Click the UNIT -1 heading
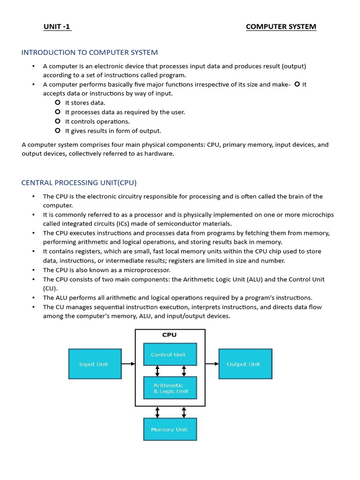pyautogui.click(x=57, y=27)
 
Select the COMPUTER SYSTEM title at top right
pyautogui.click(x=281, y=27)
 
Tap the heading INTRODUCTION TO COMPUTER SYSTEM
pyautogui.click(x=90, y=52)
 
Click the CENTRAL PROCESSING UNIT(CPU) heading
pyautogui.click(x=79, y=182)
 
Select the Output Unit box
pyautogui.click(x=245, y=364)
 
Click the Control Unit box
pyautogui.click(x=170, y=354)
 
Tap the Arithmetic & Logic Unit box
pyautogui.click(x=170, y=388)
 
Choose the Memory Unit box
pyautogui.click(x=170, y=429)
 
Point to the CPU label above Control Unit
pyautogui.click(x=169, y=335)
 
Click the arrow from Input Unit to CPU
pyautogui.click(x=128, y=364)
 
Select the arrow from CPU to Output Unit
pyautogui.click(x=212, y=364)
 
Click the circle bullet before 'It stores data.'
pyautogui.click(x=58, y=103)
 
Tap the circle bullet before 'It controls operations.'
pyautogui.click(x=58, y=121)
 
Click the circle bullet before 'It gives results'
pyautogui.click(x=58, y=131)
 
